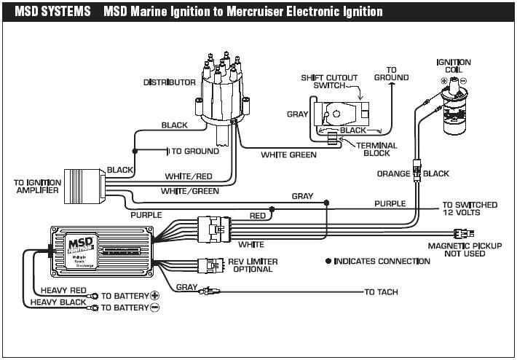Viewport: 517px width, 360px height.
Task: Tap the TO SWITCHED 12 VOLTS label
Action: (470, 208)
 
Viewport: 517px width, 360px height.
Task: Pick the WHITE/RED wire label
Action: (189, 176)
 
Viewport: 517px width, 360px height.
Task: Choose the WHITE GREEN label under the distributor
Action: (288, 154)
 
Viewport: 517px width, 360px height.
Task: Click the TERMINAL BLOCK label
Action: (376, 149)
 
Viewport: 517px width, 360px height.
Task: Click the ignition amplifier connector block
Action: (83, 186)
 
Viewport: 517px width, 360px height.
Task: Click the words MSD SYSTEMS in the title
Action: (50, 12)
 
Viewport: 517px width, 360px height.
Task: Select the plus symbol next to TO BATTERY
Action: (154, 296)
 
